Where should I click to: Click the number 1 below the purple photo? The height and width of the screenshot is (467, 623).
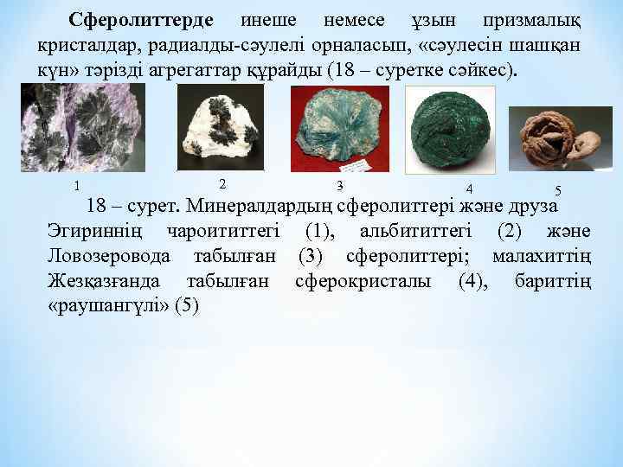click(77, 186)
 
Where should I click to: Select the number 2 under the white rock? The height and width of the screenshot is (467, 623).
click(222, 183)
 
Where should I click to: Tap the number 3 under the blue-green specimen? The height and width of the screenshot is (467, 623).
click(340, 185)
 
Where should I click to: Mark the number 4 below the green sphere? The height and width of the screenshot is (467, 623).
click(468, 189)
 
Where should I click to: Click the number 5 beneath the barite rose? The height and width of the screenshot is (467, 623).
click(558, 190)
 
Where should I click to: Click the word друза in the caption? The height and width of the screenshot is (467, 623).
click(531, 208)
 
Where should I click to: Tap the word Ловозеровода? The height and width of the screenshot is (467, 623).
click(107, 257)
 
